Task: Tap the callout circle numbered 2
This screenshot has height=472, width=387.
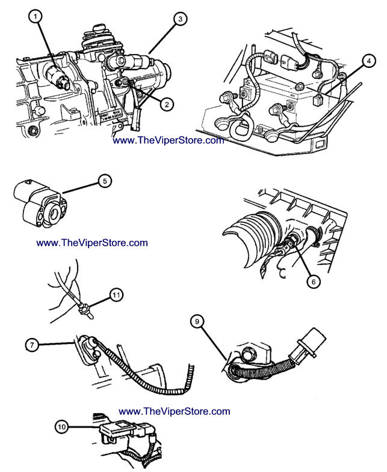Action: coord(167,104)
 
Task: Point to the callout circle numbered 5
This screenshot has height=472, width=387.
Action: coord(104,180)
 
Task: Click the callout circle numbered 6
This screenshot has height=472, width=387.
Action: coord(311,279)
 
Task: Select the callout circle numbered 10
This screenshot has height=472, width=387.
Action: coord(62,428)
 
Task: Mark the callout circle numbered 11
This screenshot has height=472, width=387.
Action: coord(116,294)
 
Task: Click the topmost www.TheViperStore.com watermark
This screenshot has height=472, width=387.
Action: coord(169,141)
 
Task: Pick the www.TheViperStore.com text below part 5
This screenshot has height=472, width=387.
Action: coord(92,243)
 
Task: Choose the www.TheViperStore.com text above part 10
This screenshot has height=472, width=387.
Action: coord(175,411)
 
